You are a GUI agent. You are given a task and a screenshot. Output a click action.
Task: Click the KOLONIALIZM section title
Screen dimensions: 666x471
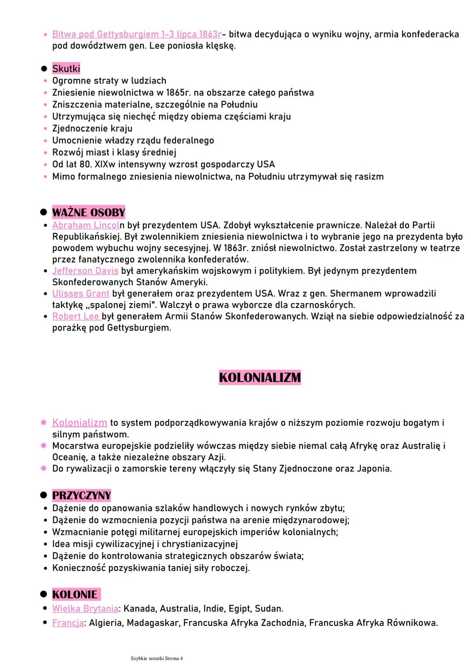pyautogui.click(x=260, y=378)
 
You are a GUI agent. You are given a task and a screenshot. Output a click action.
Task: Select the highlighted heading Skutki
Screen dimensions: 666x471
pyautogui.click(x=66, y=68)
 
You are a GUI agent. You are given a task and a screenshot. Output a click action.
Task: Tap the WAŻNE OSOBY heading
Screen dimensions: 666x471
pyautogui.click(x=89, y=212)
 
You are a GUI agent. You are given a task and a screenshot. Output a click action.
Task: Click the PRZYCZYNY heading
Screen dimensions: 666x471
pyautogui.click(x=82, y=495)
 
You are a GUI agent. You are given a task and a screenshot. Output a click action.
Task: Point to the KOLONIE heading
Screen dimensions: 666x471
pyautogui.click(x=75, y=594)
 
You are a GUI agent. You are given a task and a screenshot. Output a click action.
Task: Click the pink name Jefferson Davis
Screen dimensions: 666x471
pyautogui.click(x=85, y=271)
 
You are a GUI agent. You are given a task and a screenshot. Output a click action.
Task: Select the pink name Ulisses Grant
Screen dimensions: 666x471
pyautogui.click(x=81, y=294)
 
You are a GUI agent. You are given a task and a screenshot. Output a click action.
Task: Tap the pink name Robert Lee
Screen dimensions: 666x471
pyautogui.click(x=76, y=316)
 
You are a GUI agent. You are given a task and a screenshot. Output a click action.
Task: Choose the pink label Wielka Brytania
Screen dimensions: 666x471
pyautogui.click(x=85, y=608)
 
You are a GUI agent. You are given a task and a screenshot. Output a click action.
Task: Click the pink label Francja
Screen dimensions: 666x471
pyautogui.click(x=68, y=623)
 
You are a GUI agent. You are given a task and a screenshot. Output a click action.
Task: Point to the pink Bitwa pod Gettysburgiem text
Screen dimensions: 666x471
pyautogui.click(x=137, y=34)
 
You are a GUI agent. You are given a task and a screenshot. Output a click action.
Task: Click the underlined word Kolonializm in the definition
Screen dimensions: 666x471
pyautogui.click(x=79, y=423)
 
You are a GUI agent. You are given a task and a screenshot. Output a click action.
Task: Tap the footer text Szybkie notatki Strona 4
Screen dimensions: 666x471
pyautogui.click(x=157, y=658)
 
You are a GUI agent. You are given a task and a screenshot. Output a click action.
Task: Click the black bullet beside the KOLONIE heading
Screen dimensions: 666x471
pyautogui.click(x=44, y=594)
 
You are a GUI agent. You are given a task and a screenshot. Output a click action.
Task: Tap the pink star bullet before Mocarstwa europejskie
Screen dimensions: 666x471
pyautogui.click(x=44, y=446)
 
